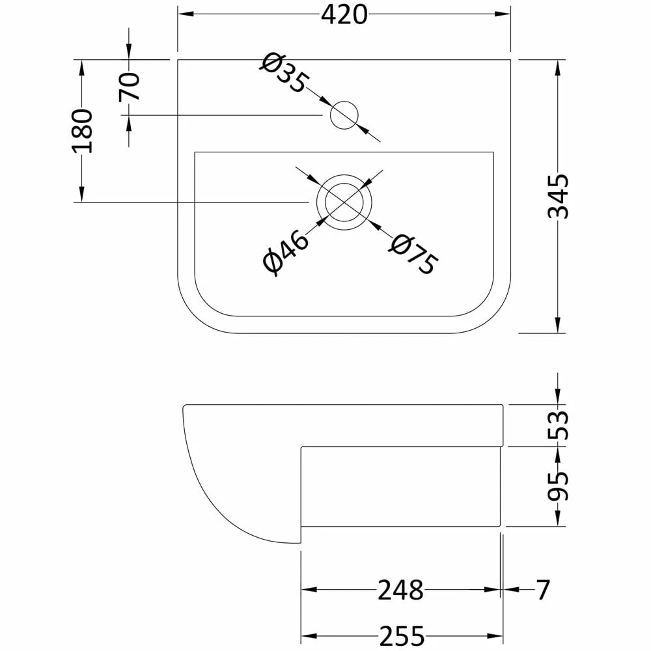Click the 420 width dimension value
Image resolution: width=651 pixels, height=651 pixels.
pos(344,14)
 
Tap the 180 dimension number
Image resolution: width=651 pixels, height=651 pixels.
pos(82,132)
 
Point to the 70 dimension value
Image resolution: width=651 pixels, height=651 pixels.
pos(129,87)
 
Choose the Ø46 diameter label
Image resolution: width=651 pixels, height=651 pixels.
pos(286,253)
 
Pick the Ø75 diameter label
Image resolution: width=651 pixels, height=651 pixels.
pos(413,255)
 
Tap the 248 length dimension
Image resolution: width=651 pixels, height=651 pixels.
pos(400,590)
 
